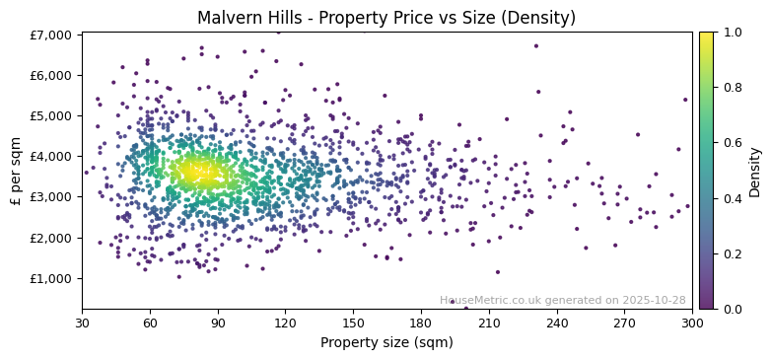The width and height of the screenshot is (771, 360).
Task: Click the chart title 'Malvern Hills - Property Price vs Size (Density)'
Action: [x=386, y=18]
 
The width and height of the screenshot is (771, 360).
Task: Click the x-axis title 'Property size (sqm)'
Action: [x=386, y=343]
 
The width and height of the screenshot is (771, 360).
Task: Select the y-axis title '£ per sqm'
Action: [x=17, y=171]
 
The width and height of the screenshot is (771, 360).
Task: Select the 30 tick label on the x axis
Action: [x=82, y=323]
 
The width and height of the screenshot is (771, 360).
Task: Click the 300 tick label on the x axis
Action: [x=692, y=323]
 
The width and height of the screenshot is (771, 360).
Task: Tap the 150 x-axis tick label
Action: [x=353, y=323]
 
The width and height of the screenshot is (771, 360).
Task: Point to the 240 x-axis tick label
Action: [x=557, y=323]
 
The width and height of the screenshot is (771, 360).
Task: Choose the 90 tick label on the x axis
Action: [x=218, y=323]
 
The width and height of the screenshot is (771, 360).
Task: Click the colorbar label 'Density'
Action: [x=754, y=171]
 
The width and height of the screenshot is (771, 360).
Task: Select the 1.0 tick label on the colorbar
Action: [x=730, y=33]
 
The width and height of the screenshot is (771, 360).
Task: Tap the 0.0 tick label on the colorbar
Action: [x=730, y=309]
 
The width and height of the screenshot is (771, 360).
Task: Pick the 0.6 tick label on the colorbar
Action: [x=730, y=143]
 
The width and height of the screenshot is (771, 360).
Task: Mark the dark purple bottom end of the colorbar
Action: [x=706, y=306]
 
